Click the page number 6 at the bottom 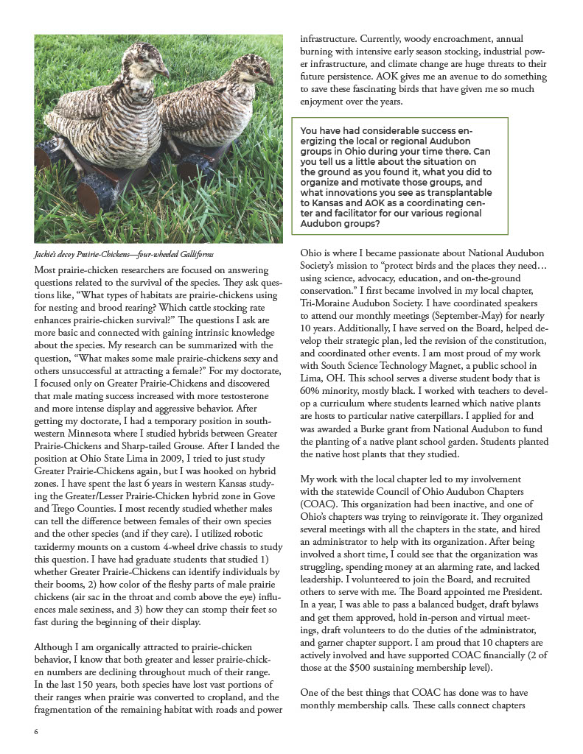click(36, 733)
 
